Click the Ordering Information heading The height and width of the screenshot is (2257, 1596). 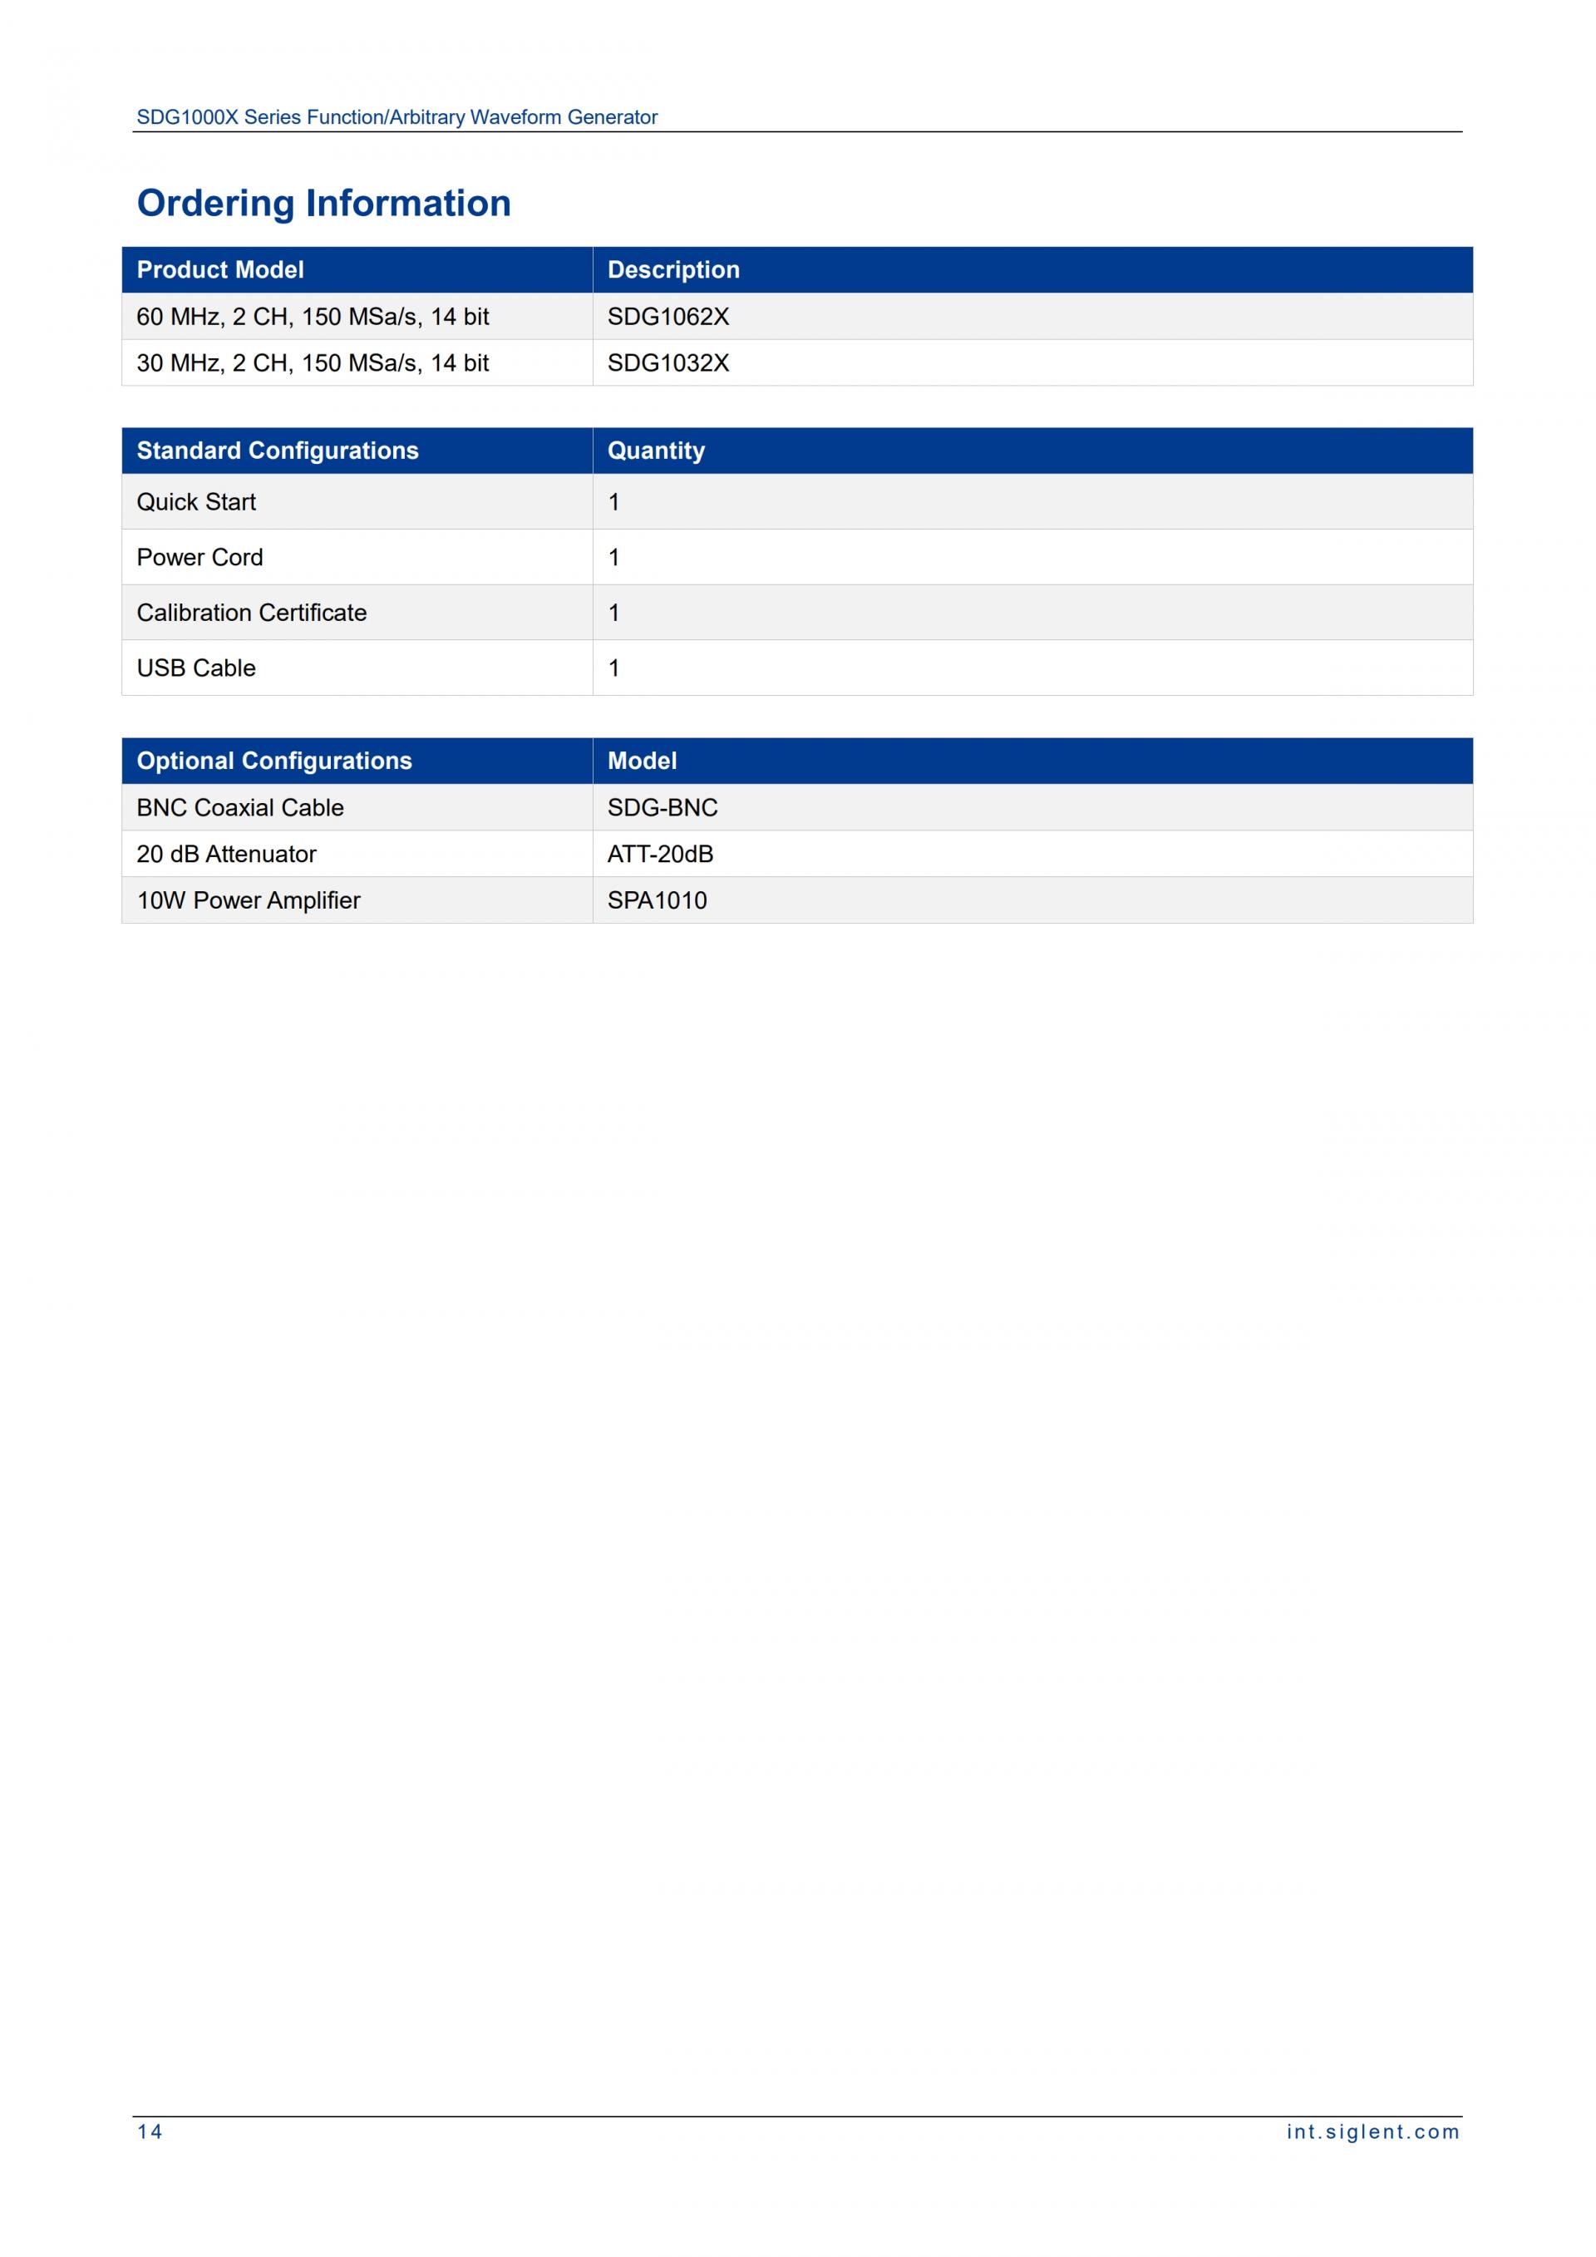pyautogui.click(x=323, y=203)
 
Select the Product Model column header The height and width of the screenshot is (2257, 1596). pyautogui.click(x=220, y=269)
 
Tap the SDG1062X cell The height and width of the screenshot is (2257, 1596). pyautogui.click(x=668, y=317)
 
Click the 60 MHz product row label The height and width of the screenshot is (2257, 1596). pyautogui.click(x=313, y=317)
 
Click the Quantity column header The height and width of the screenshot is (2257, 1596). pyautogui.click(x=656, y=451)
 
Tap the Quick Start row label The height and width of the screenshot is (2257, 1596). pyautogui.click(x=195, y=502)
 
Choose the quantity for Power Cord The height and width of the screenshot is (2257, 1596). pyautogui.click(x=614, y=557)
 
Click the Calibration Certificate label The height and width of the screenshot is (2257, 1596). pyautogui.click(x=252, y=613)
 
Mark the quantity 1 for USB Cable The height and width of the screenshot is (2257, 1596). pyautogui.click(x=614, y=668)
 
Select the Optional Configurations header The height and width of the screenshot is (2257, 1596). pyautogui.click(x=274, y=761)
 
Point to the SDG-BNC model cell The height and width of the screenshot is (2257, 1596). pyautogui.click(x=663, y=808)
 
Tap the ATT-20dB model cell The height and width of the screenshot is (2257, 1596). pyautogui.click(x=660, y=855)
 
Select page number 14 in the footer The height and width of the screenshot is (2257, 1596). pyautogui.click(x=150, y=2132)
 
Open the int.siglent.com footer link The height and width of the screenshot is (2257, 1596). pyautogui.click(x=1373, y=2132)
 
